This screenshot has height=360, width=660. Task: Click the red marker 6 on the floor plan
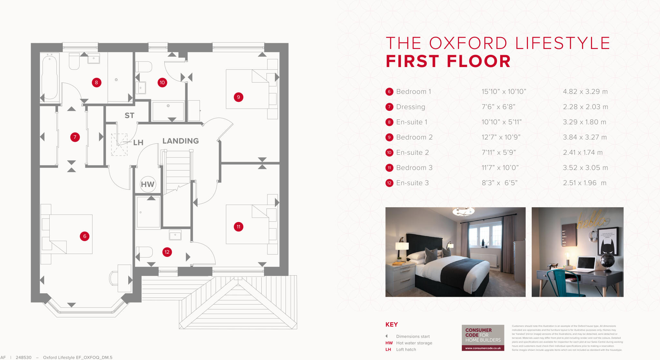[x=85, y=236]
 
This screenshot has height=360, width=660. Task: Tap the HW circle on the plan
[x=148, y=184]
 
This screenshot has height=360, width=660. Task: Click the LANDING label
[x=180, y=141]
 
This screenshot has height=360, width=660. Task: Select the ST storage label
[x=130, y=115]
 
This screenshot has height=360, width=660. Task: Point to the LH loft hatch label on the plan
[x=138, y=142]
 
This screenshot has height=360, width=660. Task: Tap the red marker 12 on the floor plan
[x=167, y=252]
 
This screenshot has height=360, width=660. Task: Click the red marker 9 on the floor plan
[x=238, y=97]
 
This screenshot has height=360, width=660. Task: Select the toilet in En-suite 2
[x=144, y=67]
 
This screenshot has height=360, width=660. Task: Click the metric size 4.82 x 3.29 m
[x=585, y=92]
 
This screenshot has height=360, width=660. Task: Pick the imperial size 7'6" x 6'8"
[x=498, y=107]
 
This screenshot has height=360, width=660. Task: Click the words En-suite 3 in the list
[x=412, y=183]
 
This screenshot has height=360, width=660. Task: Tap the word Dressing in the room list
[x=411, y=107]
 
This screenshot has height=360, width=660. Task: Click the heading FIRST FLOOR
[x=448, y=61]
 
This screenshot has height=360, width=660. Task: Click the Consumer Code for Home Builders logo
[x=483, y=337]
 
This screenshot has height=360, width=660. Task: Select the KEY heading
[x=392, y=325]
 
